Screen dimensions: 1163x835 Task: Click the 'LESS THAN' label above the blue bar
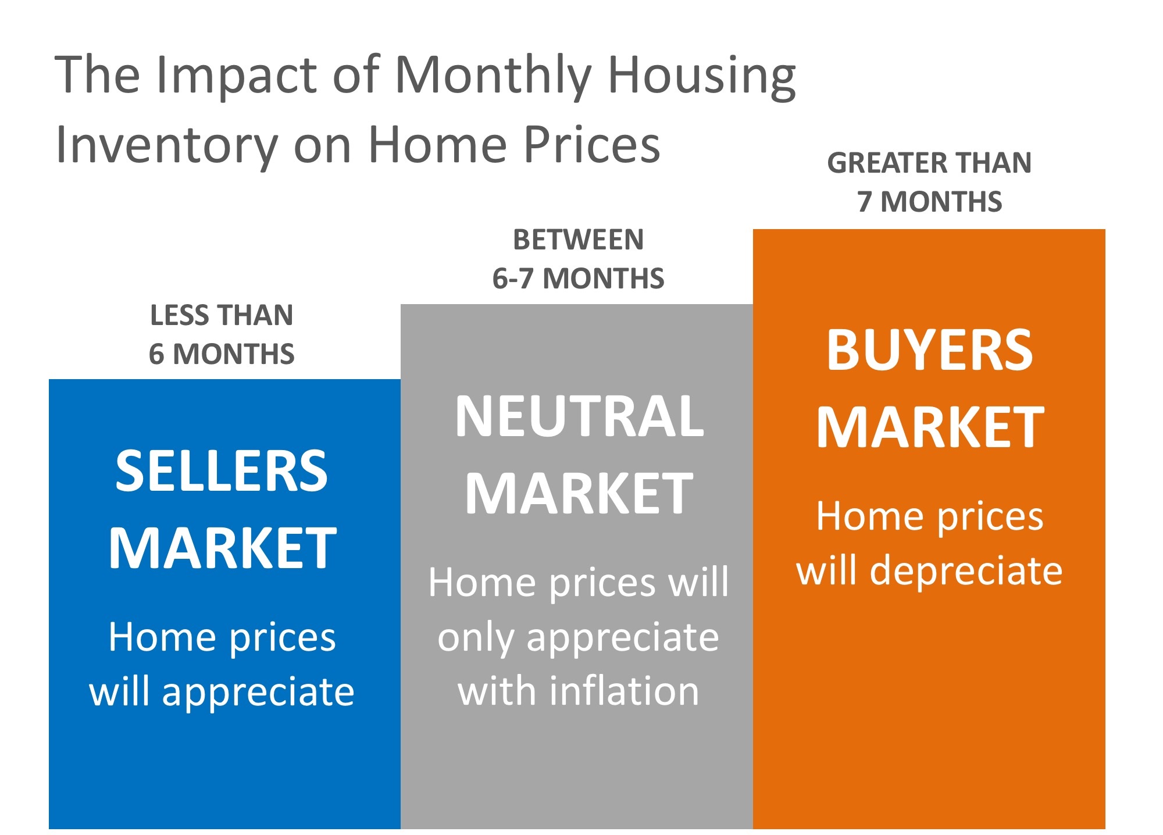[x=222, y=316]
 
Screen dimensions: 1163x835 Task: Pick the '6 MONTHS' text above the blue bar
[x=222, y=354]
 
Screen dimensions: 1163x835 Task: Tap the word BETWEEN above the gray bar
[x=579, y=240]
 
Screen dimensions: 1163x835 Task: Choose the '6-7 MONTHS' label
[x=579, y=279]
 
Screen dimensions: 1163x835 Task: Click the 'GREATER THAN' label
[x=929, y=163]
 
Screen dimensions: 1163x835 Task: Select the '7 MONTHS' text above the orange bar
[x=930, y=202]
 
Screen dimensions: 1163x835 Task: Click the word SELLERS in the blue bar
[x=222, y=471]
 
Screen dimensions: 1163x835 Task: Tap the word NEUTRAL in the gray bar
[x=579, y=416]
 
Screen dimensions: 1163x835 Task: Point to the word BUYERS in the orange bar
[x=930, y=350]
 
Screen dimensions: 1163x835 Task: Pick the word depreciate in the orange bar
[x=966, y=570]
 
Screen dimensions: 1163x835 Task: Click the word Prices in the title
[x=592, y=145]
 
